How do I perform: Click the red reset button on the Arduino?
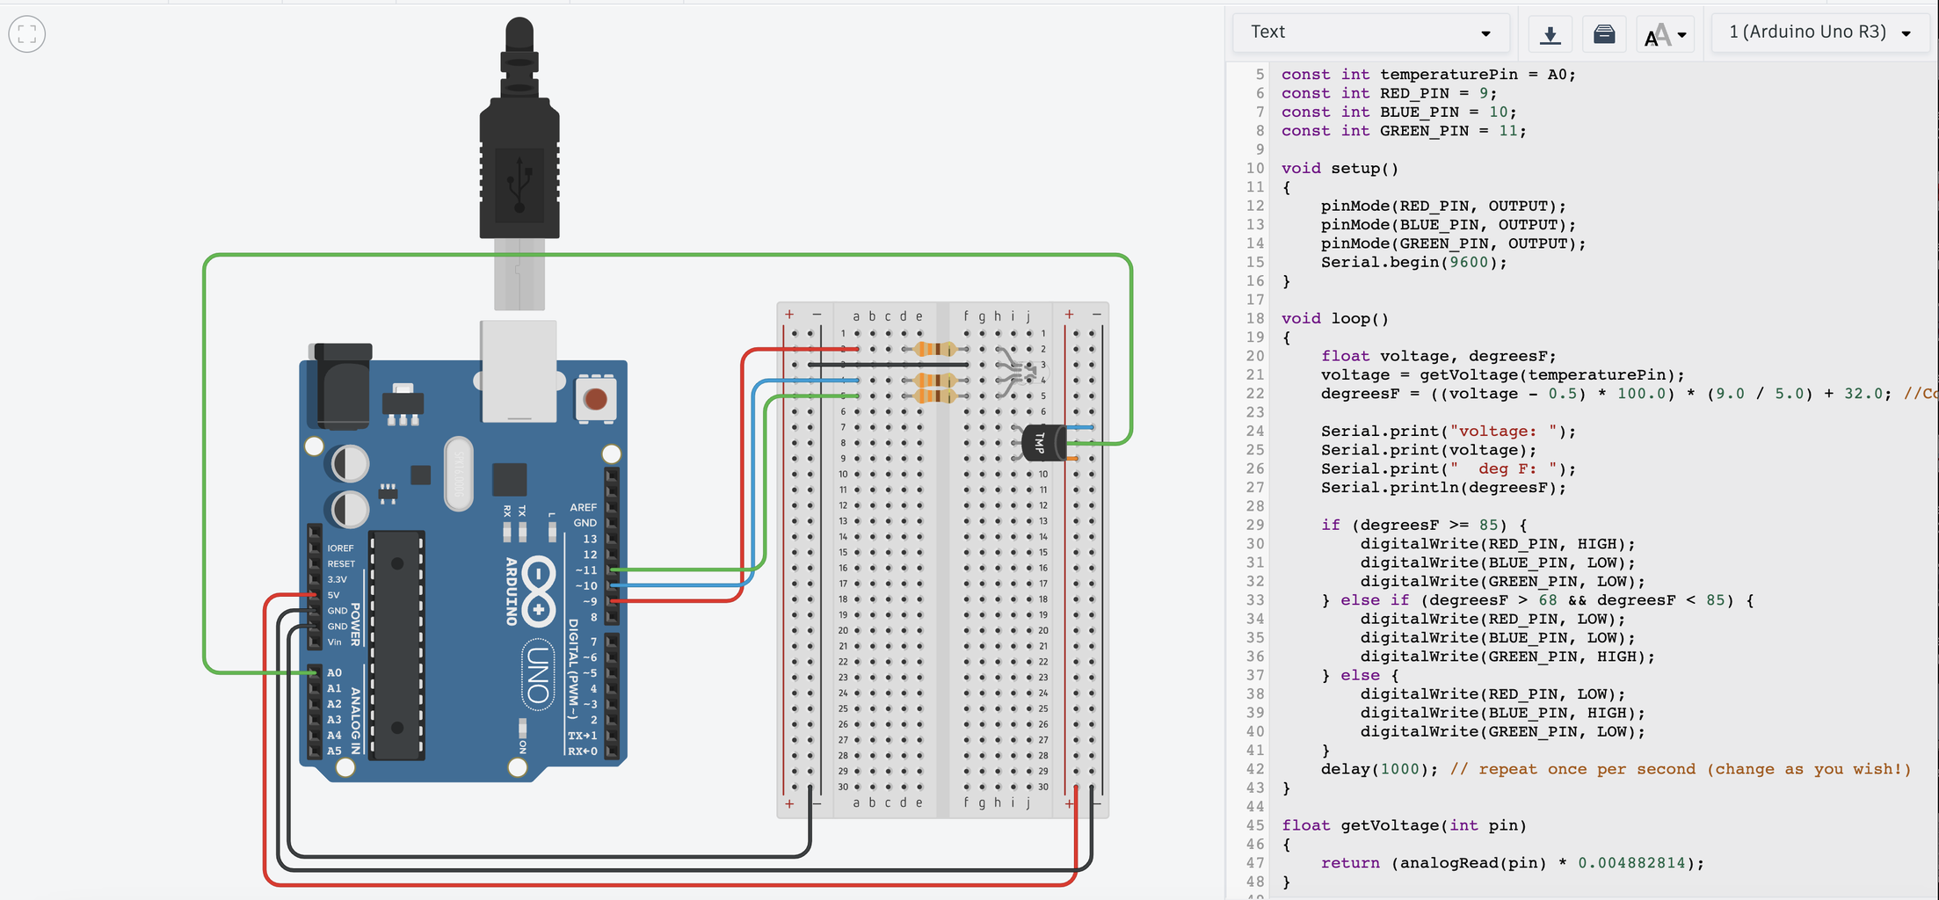[595, 399]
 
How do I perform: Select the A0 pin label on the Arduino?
[334, 672]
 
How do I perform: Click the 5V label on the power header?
[333, 595]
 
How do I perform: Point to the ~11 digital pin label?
[585, 570]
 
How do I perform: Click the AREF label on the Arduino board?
[583, 507]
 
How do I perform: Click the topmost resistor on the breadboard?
[935, 349]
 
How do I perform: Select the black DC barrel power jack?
[341, 387]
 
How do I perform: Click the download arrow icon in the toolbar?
[1550, 34]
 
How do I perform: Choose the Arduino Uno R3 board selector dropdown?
[1819, 33]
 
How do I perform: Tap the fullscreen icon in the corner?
[27, 34]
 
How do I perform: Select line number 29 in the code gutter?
[1254, 525]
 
